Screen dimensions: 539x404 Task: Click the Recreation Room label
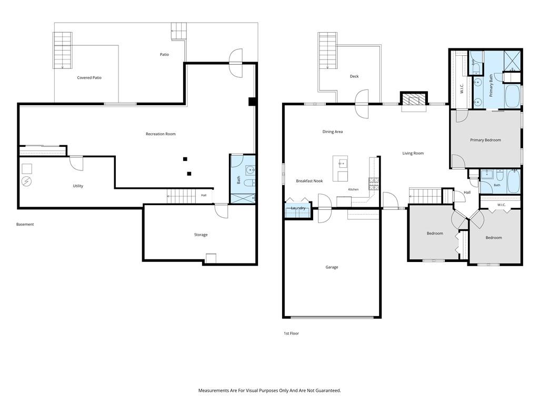click(161, 134)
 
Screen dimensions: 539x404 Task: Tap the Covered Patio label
click(89, 78)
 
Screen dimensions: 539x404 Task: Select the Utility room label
click(78, 186)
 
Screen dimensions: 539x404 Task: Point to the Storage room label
click(201, 235)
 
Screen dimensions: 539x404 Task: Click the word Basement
click(25, 224)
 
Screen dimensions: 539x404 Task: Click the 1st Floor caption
click(291, 333)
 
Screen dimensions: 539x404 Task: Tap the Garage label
click(332, 267)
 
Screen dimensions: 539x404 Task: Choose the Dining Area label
click(333, 132)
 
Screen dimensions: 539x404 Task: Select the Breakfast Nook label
click(310, 181)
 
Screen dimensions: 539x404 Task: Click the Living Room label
click(413, 153)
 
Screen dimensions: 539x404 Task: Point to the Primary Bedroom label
click(485, 140)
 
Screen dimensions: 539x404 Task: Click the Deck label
click(354, 76)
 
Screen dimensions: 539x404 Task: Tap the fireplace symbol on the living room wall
click(414, 99)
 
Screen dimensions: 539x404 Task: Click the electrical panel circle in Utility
click(26, 181)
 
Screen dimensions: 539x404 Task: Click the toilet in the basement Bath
click(249, 183)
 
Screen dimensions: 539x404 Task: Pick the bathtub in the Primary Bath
click(513, 96)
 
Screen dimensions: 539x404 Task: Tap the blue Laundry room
click(298, 210)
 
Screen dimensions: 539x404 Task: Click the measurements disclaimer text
click(269, 390)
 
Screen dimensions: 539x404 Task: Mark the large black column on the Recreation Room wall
click(252, 102)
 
